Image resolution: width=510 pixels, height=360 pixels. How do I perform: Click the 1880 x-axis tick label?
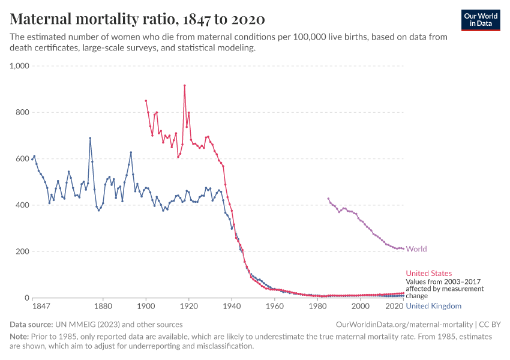point(103,306)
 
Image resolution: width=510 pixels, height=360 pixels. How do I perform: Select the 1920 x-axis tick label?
point(189,306)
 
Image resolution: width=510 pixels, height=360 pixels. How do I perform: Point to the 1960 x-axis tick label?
point(274,306)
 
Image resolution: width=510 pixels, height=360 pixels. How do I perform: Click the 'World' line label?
point(416,249)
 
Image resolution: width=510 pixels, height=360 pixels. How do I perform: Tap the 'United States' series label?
point(429,273)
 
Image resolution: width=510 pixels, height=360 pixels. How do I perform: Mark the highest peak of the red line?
point(184,85)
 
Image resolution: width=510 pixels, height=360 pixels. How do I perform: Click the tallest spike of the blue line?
point(90,138)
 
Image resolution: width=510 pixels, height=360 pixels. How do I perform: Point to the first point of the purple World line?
point(328,199)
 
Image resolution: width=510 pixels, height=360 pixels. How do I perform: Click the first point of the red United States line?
point(146,101)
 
